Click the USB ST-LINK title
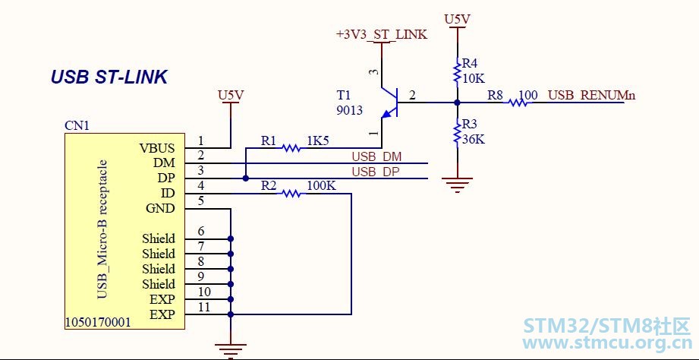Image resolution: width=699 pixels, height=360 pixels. click(x=109, y=77)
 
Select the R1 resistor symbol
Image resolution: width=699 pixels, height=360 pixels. click(x=291, y=147)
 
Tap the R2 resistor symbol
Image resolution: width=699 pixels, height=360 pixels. click(x=292, y=194)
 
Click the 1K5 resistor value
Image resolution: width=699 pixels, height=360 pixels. click(x=319, y=141)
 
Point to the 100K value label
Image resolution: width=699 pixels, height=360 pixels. click(x=321, y=185)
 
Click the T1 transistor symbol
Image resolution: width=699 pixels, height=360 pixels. click(x=389, y=103)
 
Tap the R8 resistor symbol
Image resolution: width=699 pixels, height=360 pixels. click(x=518, y=103)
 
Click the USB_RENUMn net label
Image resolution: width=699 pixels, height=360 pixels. click(x=591, y=95)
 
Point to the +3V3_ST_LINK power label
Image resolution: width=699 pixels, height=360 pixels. click(x=382, y=34)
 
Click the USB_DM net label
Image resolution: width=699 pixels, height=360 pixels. click(x=376, y=157)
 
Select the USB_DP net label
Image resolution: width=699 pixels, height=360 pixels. click(x=376, y=172)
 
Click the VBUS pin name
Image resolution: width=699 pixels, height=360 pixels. click(x=157, y=148)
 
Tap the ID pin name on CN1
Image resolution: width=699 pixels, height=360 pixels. click(x=168, y=193)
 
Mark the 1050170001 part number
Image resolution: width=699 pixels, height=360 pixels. click(x=98, y=322)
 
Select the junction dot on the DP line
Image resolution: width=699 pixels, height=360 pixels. click(x=246, y=178)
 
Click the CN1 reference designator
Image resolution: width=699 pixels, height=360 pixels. click(x=77, y=125)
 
